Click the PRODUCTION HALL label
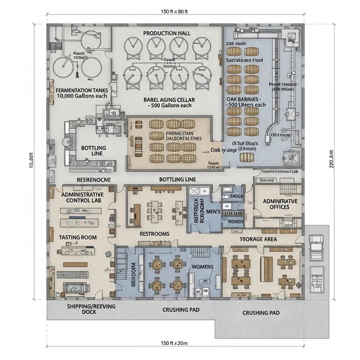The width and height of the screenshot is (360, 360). pos(167,33)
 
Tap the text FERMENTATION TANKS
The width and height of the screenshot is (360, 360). pos(81,90)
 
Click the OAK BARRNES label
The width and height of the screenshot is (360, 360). pos(245,98)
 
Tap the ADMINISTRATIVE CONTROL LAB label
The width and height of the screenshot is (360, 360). pos(82,198)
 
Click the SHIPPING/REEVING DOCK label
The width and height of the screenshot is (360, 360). pos(91,309)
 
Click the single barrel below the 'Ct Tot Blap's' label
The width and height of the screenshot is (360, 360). pos(245,157)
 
